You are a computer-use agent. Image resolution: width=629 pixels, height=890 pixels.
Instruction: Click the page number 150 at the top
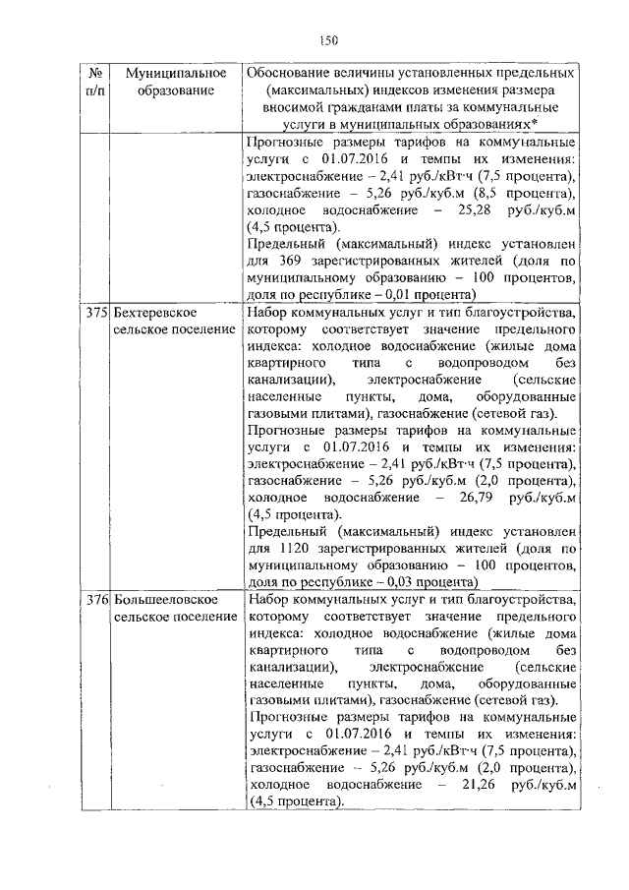tap(328, 40)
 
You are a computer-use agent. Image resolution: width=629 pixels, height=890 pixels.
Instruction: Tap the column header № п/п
tap(96, 83)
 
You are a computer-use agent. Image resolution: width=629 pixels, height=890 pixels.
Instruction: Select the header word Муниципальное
tap(176, 74)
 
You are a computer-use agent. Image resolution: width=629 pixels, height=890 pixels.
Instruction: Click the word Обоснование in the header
tap(291, 74)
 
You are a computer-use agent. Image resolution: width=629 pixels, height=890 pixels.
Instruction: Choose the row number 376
tap(95, 597)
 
